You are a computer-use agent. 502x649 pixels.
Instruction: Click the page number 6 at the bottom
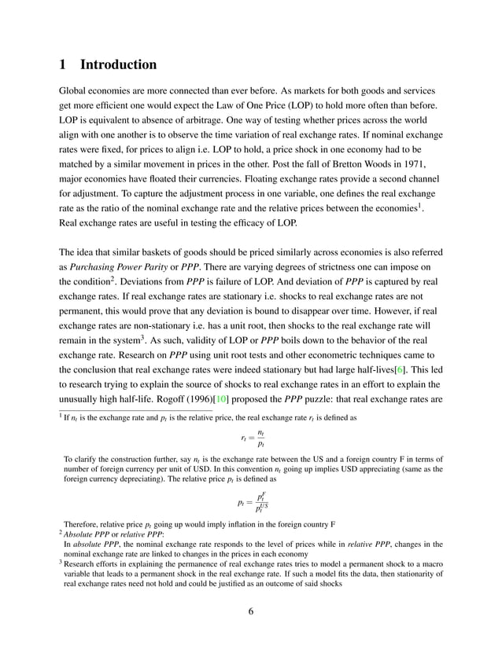[250, 613]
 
